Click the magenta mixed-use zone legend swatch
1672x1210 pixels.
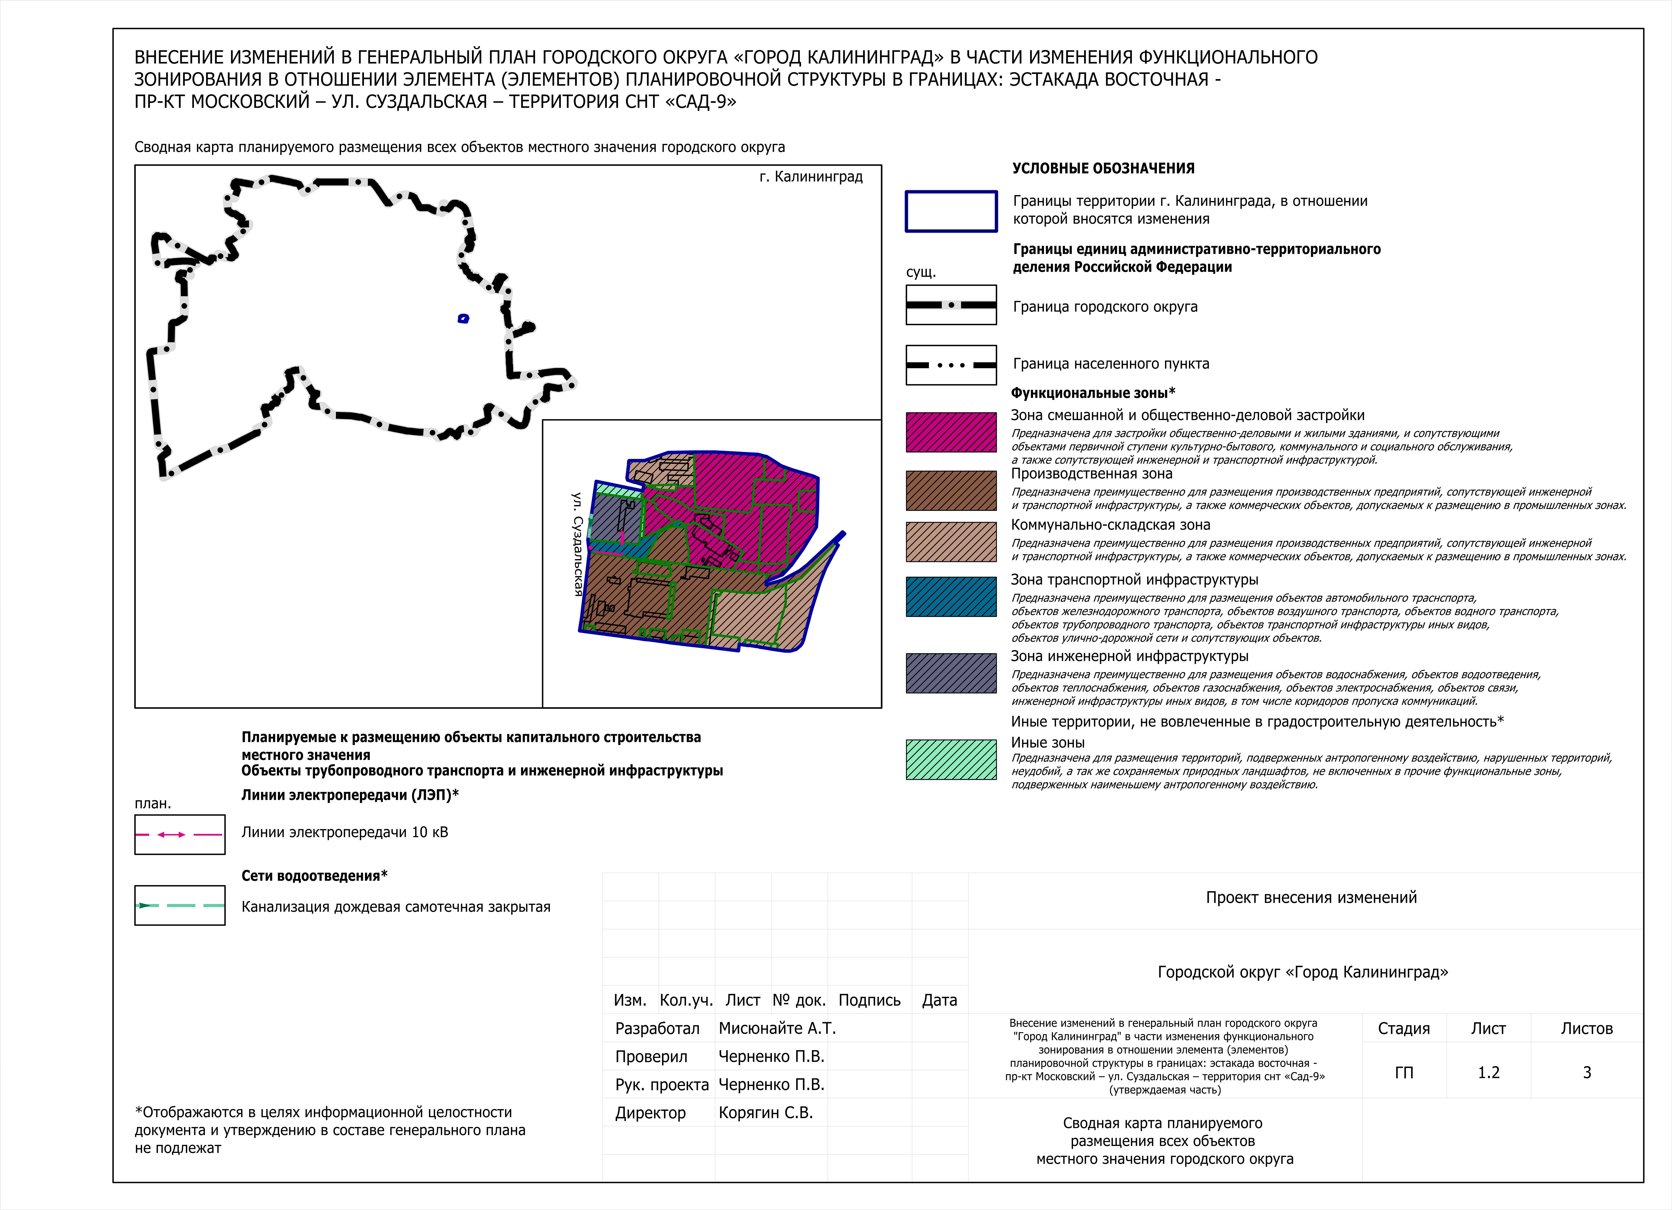pyautogui.click(x=951, y=432)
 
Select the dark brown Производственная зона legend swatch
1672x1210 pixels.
pyautogui.click(x=951, y=490)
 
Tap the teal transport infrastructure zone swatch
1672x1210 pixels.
pyautogui.click(x=951, y=597)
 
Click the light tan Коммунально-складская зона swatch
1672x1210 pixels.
pyautogui.click(x=951, y=542)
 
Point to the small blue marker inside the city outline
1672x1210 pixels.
pyautogui.click(x=463, y=319)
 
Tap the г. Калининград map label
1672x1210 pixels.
pyautogui.click(x=811, y=177)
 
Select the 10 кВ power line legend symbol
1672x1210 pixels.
pyautogui.click(x=180, y=835)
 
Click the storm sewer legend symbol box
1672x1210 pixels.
pyautogui.click(x=180, y=905)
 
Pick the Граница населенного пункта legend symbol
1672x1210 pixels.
pyautogui.click(x=951, y=365)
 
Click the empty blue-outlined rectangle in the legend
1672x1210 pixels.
pyautogui.click(x=951, y=212)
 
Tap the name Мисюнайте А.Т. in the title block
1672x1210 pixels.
pyautogui.click(x=777, y=1028)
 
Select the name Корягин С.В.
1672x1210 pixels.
pyautogui.click(x=765, y=1113)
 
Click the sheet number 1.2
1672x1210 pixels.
pyautogui.click(x=1489, y=1072)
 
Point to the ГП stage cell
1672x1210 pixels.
pyautogui.click(x=1404, y=1072)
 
